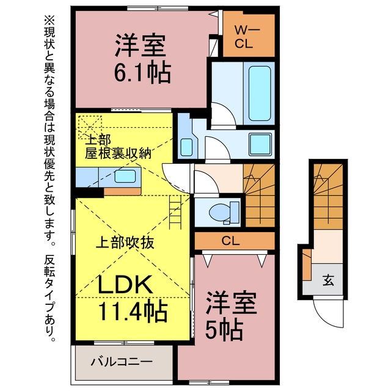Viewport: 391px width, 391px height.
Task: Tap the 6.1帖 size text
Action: pyautogui.click(x=142, y=73)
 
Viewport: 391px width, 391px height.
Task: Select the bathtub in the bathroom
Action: pyautogui.click(x=260, y=93)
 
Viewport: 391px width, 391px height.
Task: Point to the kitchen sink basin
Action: pyautogui.click(x=125, y=176)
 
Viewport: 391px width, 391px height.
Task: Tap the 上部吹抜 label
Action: pyautogui.click(x=125, y=243)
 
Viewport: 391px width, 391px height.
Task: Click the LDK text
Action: pyautogui.click(x=125, y=284)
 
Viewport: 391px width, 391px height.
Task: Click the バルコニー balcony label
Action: pyautogui.click(x=122, y=362)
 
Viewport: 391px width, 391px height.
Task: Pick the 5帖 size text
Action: pyautogui.click(x=224, y=330)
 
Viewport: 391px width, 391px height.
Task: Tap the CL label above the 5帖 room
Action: pyautogui.click(x=231, y=241)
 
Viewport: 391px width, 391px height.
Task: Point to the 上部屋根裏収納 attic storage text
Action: pyautogui.click(x=118, y=147)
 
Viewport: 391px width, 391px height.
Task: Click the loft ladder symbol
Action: pyautogui.click(x=175, y=212)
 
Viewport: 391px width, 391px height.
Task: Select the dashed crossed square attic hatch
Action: pyautogui.click(x=90, y=127)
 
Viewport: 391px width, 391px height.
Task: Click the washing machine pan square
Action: pyautogui.click(x=260, y=144)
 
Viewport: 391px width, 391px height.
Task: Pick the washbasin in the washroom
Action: pyautogui.click(x=186, y=147)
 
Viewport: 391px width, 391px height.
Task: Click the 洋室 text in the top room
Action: pyautogui.click(x=141, y=45)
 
